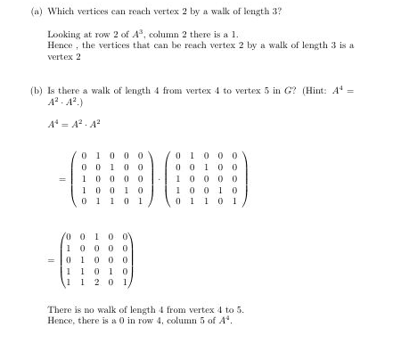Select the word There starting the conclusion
tap(61, 308)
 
